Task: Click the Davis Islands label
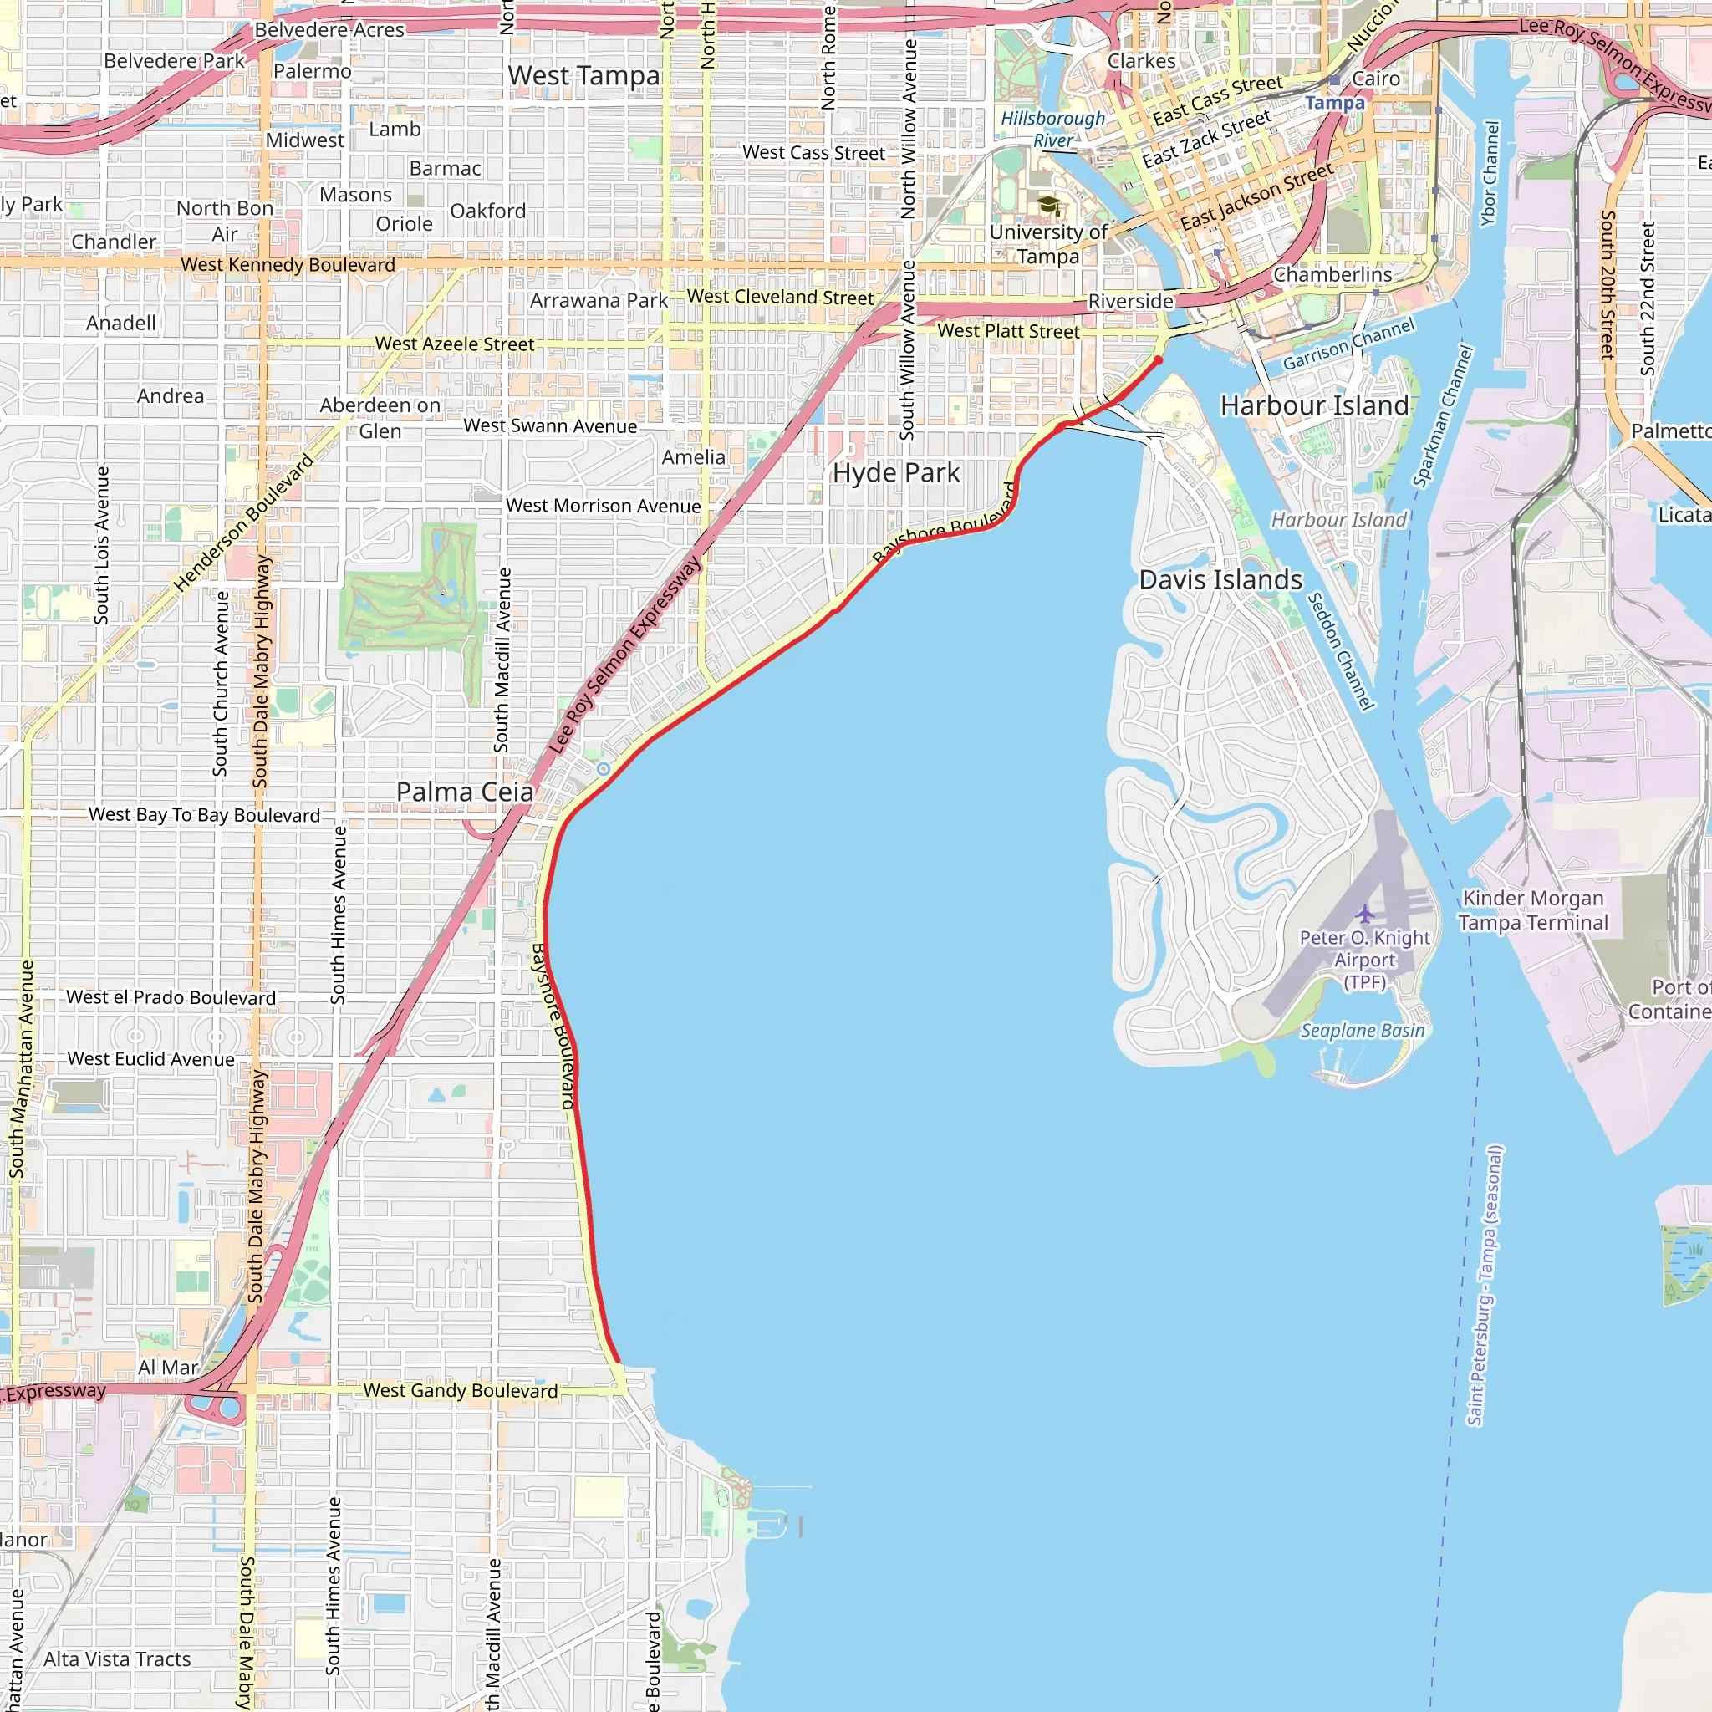1220,579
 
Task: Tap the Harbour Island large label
1313,405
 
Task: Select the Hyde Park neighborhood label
895,473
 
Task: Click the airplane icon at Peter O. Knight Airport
1364,913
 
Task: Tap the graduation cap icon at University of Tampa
1048,206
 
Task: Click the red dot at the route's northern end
1157,360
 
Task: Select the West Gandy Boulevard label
461,1390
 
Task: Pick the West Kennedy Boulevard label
288,265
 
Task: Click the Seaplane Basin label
1362,1031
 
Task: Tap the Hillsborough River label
1052,130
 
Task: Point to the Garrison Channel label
1348,344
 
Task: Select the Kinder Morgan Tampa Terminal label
1533,910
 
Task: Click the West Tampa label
584,76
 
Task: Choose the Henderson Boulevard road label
244,522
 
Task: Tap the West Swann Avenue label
549,426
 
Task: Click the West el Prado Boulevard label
171,998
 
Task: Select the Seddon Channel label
1341,651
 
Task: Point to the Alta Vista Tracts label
117,1658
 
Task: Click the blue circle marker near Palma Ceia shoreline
604,769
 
